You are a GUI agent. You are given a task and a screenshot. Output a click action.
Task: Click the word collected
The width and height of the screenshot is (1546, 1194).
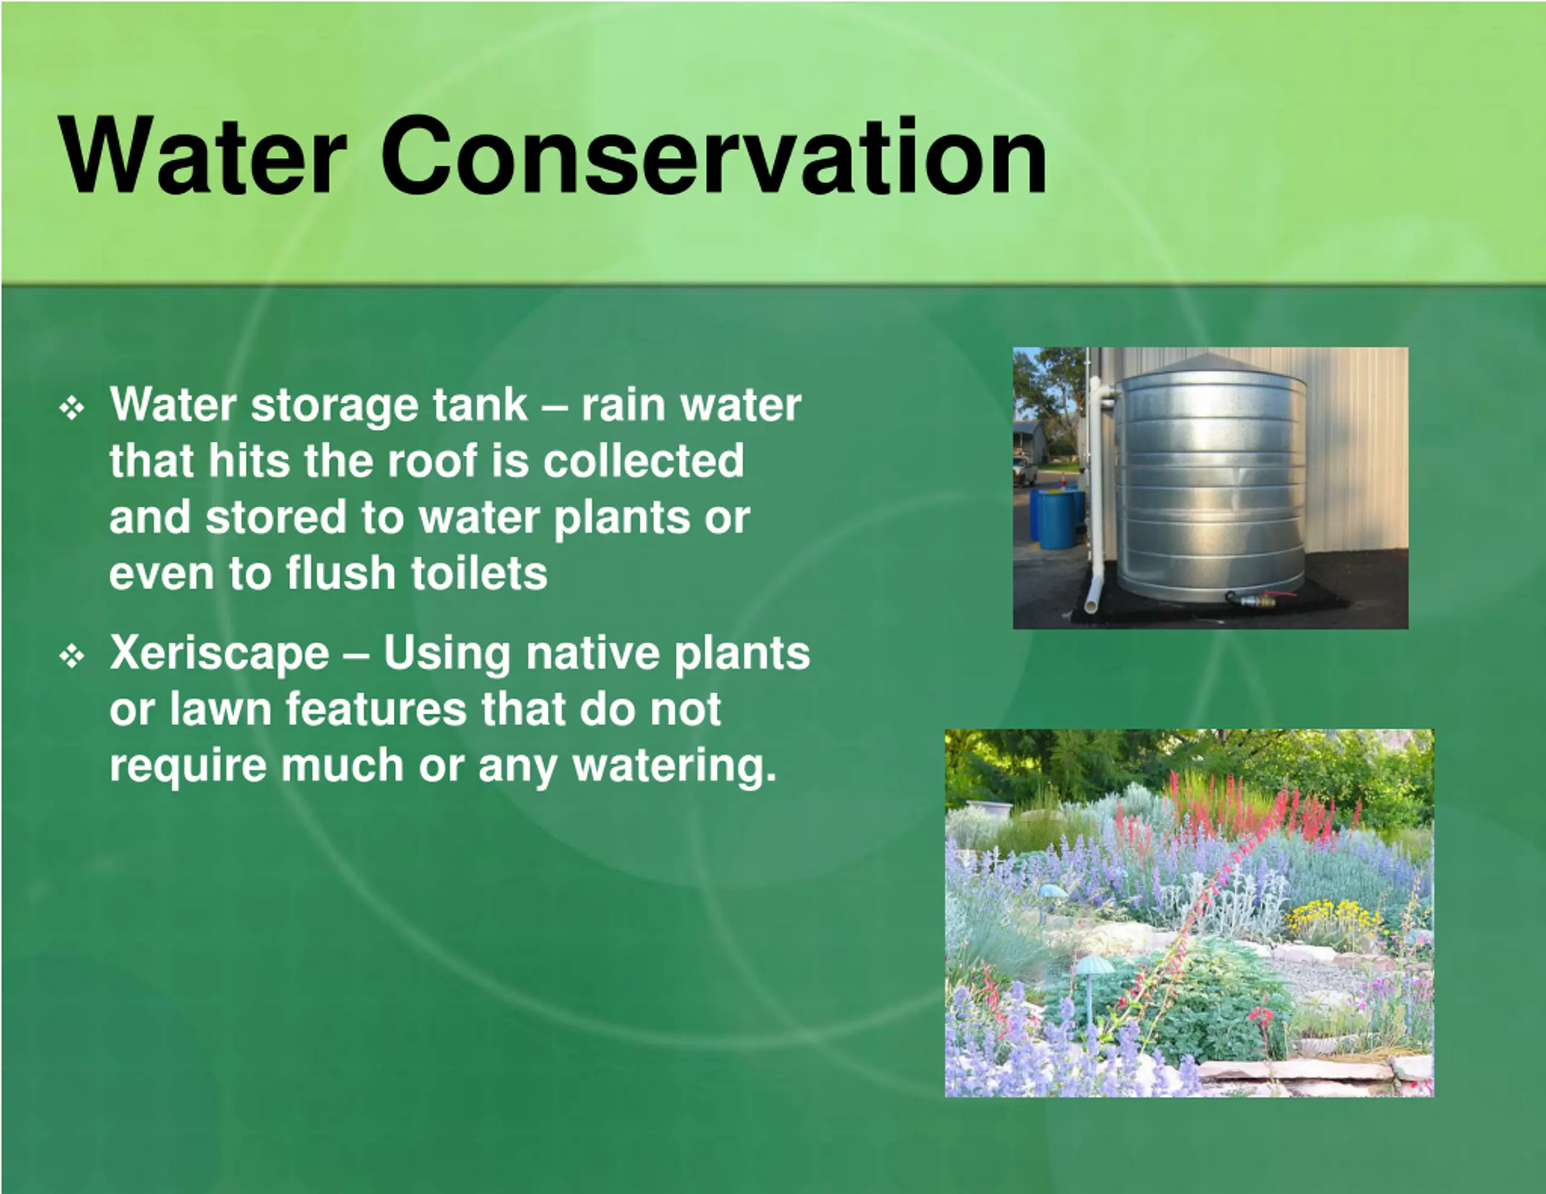(643, 460)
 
